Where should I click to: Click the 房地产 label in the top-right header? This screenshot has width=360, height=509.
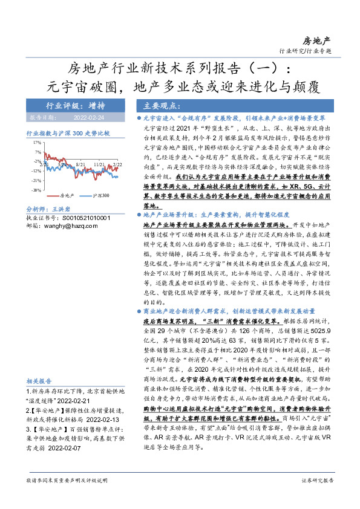coord(317,41)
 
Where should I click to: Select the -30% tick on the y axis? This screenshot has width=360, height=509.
coord(36,190)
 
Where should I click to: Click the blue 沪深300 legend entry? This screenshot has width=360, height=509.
coord(97,195)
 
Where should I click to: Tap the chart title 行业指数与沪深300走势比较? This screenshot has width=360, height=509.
coord(68,132)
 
